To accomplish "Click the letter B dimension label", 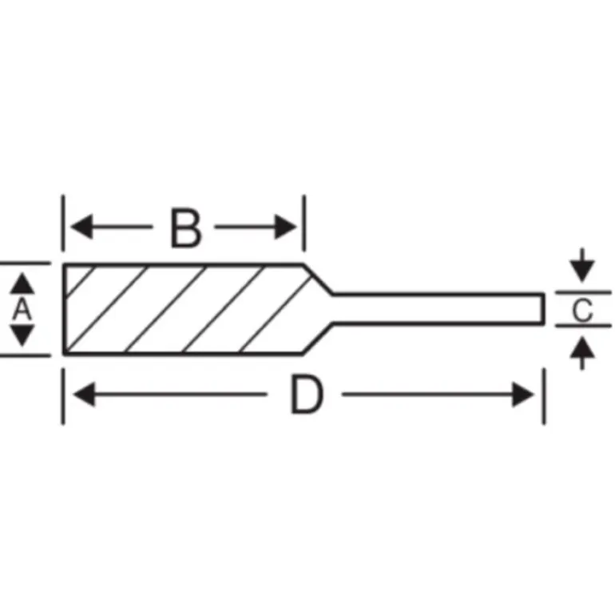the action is tap(187, 229).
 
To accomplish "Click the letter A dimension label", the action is tap(22, 309).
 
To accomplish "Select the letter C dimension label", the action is tap(582, 310).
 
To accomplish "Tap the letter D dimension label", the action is tap(307, 395).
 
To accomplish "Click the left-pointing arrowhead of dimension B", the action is tap(81, 227).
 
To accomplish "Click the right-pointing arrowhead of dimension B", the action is tap(285, 227).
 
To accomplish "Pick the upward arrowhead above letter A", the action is tap(22, 284).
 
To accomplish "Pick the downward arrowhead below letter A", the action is tap(22, 335).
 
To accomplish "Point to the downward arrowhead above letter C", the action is tap(582, 271).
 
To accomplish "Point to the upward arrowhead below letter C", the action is tap(582, 347).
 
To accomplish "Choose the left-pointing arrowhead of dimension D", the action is tap(85, 395).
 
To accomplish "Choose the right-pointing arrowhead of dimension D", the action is tap(523, 395).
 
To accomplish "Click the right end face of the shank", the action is tap(543, 308).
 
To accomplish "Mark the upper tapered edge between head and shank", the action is tap(318, 279).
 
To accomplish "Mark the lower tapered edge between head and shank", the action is tap(318, 339).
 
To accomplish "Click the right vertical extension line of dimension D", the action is tap(544, 396).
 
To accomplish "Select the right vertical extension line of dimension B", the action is tap(304, 223).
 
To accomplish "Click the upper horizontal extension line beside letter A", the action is tap(25, 263).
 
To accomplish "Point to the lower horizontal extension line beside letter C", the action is tap(583, 326).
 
